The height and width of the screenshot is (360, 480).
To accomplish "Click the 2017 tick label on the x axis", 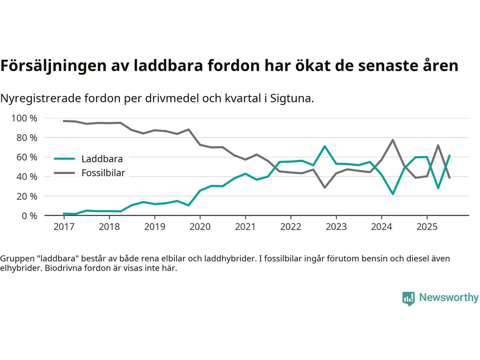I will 64,227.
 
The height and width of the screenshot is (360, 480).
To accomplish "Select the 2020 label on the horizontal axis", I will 200,227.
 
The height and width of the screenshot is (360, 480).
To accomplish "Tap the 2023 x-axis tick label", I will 336,227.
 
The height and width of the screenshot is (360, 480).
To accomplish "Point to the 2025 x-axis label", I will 427,227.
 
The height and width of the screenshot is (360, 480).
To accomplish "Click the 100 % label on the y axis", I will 24,118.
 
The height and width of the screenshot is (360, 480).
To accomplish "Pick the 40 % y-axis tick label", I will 27,177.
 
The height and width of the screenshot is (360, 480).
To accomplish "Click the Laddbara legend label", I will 102,159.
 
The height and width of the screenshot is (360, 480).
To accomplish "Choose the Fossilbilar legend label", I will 103,173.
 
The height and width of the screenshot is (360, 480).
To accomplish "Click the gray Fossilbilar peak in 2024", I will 393,140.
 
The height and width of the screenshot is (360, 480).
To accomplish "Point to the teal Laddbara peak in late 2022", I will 324,146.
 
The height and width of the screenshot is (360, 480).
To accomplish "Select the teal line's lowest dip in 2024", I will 393,194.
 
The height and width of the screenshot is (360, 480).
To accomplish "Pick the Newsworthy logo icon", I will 408,298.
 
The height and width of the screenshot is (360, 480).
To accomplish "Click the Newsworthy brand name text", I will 448,298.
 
